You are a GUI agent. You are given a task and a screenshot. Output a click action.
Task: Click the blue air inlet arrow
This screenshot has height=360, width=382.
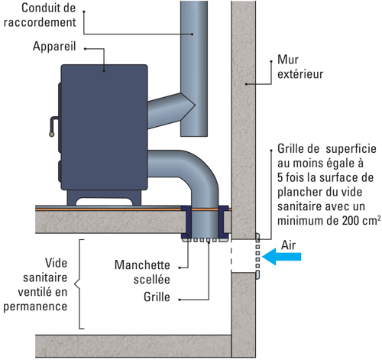click(x=281, y=257)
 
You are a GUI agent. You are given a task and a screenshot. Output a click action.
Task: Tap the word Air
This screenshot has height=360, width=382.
click(x=288, y=245)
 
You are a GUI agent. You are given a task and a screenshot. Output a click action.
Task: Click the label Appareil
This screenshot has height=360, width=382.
click(x=54, y=47)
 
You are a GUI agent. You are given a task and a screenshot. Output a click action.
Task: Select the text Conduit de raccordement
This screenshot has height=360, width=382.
click(x=40, y=15)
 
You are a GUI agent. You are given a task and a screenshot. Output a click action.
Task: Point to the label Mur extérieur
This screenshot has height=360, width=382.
click(x=300, y=66)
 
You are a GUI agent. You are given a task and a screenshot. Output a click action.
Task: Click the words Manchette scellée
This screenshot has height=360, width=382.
click(x=142, y=272)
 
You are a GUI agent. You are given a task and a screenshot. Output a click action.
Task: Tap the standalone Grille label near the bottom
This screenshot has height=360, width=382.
click(x=157, y=297)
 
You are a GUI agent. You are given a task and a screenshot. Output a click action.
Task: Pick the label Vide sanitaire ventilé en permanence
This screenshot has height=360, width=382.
click(x=35, y=284)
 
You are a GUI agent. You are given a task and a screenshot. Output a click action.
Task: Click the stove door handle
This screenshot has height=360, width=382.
click(x=53, y=126)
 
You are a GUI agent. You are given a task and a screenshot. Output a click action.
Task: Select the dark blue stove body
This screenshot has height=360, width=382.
click(x=103, y=128)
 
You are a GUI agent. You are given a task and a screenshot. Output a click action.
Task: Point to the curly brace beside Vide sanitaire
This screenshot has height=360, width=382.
click(x=79, y=284)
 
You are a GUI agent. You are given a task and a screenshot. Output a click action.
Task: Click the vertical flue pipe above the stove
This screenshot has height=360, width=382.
click(x=194, y=68)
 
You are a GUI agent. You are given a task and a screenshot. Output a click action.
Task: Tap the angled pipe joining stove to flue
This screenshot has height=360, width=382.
click(x=170, y=110)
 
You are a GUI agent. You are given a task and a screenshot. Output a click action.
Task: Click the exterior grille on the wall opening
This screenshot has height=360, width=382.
click(x=257, y=256)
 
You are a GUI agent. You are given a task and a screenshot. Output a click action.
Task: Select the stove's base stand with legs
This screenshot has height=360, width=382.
click(x=104, y=197)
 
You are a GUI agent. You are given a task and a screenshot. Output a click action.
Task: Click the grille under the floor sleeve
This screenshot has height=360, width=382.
click(x=204, y=240)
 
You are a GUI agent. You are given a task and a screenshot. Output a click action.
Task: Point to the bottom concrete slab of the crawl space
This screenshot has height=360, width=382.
click(x=133, y=346)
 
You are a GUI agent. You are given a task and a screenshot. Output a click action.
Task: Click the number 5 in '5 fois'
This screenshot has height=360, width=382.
click(x=280, y=177)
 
